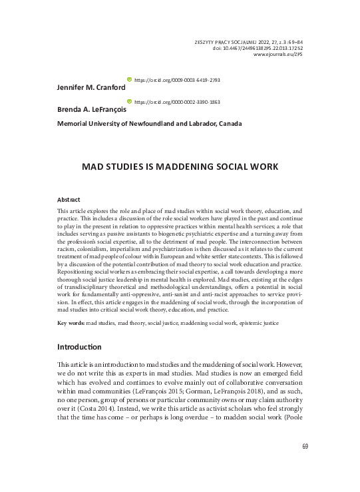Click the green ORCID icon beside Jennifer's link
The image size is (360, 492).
(130, 79)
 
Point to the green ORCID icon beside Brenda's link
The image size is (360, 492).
(130, 101)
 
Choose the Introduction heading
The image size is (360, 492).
(79, 347)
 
